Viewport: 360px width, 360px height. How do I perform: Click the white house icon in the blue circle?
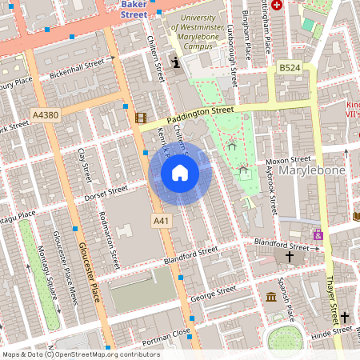coord(180,172)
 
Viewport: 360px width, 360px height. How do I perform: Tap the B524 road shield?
coord(288,70)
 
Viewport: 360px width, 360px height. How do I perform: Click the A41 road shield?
coord(160,219)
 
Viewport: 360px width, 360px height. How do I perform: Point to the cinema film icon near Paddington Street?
coord(142,118)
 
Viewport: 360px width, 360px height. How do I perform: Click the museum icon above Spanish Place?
coord(271,298)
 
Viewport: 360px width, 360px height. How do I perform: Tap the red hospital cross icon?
coord(277,5)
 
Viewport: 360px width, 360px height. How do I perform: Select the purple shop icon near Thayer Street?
coord(318,234)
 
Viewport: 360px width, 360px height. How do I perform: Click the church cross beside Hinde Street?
coord(344,317)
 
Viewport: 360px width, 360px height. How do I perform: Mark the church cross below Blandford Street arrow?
coord(290,257)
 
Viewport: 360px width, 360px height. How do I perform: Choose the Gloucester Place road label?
coord(88,272)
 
